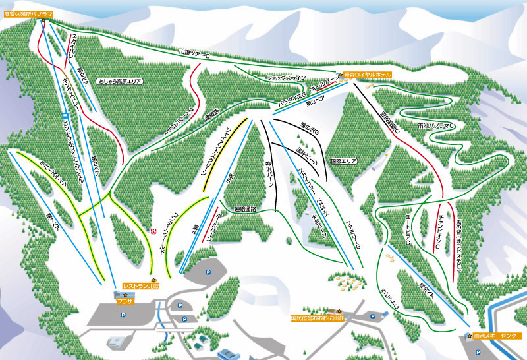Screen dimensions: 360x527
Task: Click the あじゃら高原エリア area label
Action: [x=120, y=80]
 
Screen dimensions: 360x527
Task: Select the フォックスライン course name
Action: [x=286, y=78]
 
